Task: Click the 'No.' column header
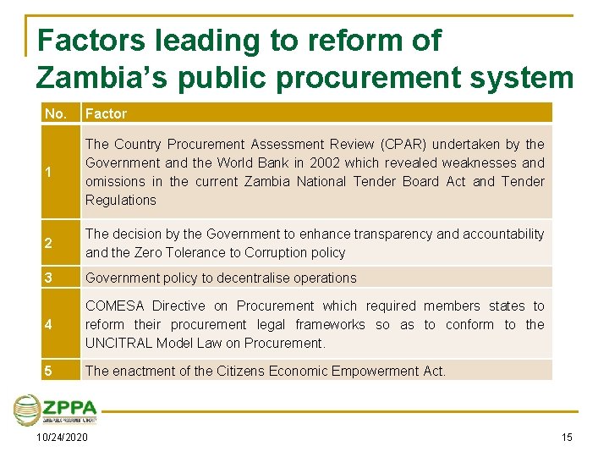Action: (x=56, y=113)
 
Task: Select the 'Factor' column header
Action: (x=106, y=113)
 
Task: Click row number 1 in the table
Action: (x=49, y=173)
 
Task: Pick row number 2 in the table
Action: (x=49, y=244)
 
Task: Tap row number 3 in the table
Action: (x=49, y=278)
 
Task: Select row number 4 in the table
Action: (x=49, y=325)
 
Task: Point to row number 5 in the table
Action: (x=49, y=371)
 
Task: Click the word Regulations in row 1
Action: (x=120, y=200)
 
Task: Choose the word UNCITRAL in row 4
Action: (x=120, y=343)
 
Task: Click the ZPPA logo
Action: (x=56, y=410)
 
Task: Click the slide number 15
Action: (x=566, y=438)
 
